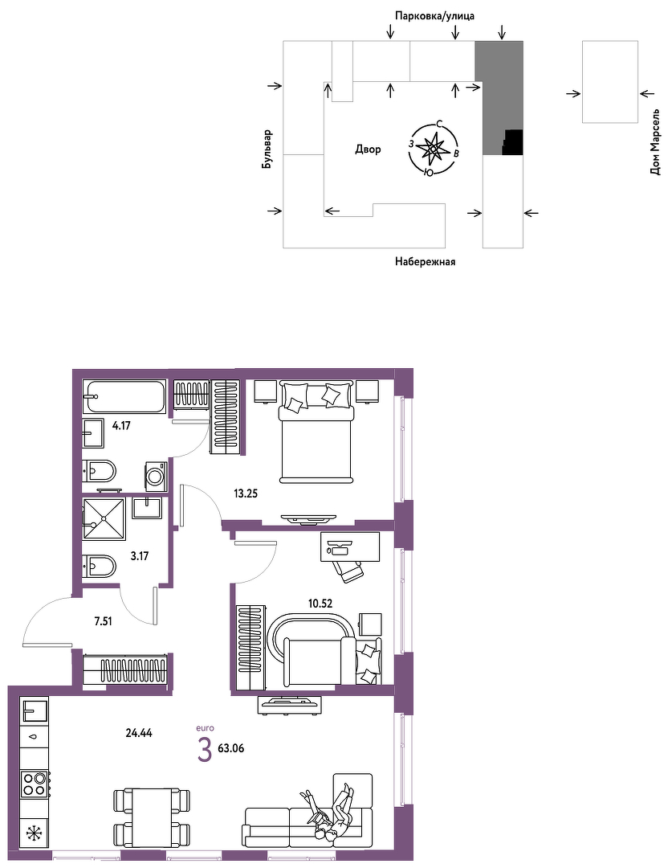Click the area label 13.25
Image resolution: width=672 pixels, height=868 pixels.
pos(246,493)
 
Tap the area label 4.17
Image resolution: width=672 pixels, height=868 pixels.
pos(121,426)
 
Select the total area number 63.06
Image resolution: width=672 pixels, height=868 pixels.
pos(231,748)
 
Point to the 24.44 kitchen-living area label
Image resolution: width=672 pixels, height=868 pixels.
pos(139,733)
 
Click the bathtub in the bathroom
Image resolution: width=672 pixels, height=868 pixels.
pos(124,395)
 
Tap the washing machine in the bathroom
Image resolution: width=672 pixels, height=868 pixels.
pos(156,476)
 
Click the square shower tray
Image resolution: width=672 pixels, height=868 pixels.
pos(104,518)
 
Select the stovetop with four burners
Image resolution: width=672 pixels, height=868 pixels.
pos(35,784)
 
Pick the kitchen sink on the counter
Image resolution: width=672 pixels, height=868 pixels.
pos(35,709)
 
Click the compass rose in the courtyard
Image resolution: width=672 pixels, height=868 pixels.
pos(433,149)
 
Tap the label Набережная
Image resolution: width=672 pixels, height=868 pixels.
pos(425,262)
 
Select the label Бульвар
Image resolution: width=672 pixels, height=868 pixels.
pos(267,149)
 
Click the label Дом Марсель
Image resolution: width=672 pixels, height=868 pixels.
pos(655,142)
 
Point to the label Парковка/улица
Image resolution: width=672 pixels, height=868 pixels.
pos(434,16)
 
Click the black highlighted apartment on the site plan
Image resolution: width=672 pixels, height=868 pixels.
pos(513,142)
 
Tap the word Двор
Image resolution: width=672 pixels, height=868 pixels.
pos(368,149)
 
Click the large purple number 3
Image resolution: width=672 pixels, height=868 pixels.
pos(206,750)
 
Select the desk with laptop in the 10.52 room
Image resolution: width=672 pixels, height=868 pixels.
pos(349,547)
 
